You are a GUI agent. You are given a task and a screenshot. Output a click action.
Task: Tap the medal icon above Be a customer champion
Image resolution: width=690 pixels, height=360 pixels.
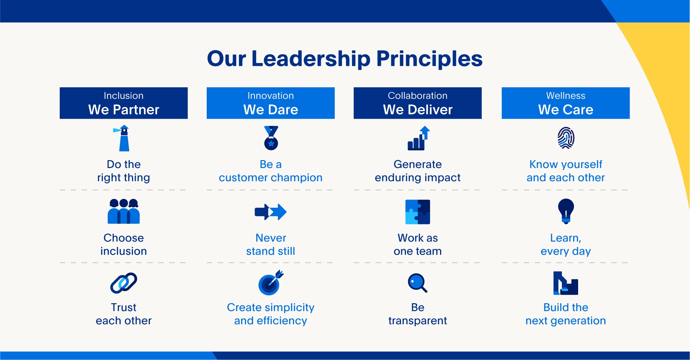(271, 138)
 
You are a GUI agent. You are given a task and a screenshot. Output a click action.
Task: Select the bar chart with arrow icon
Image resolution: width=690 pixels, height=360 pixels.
(418, 138)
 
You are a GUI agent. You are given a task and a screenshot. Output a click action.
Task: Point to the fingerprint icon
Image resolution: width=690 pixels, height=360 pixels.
(566, 138)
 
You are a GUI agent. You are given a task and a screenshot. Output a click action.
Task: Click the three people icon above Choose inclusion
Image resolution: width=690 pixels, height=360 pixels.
(124, 211)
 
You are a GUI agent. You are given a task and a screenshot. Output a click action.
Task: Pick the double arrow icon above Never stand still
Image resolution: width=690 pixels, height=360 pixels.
(271, 212)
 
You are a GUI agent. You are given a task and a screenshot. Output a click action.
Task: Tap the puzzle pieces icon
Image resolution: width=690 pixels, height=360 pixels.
(418, 212)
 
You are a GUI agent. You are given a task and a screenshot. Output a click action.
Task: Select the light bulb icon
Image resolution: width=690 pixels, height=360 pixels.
(566, 211)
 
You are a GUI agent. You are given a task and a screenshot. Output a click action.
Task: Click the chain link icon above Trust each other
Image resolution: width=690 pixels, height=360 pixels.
(124, 283)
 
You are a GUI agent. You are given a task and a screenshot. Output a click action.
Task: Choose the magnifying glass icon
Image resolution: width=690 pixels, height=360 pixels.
(417, 283)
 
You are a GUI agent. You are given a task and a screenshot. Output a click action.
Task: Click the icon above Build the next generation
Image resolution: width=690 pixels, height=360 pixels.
(566, 283)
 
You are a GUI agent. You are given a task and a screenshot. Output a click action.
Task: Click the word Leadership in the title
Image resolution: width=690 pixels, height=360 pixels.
(311, 59)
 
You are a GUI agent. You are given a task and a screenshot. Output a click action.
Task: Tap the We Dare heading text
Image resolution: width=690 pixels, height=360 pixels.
(271, 110)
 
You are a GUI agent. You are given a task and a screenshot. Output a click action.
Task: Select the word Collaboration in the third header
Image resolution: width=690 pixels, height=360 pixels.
(418, 95)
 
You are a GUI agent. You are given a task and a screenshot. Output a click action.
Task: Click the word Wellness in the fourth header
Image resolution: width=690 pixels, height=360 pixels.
(566, 95)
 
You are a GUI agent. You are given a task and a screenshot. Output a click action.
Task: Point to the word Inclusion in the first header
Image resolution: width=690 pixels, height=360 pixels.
(124, 95)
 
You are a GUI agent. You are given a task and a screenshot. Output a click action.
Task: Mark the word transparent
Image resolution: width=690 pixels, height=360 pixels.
(418, 321)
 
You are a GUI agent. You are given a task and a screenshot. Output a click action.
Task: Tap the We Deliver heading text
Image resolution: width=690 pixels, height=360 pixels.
(418, 110)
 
